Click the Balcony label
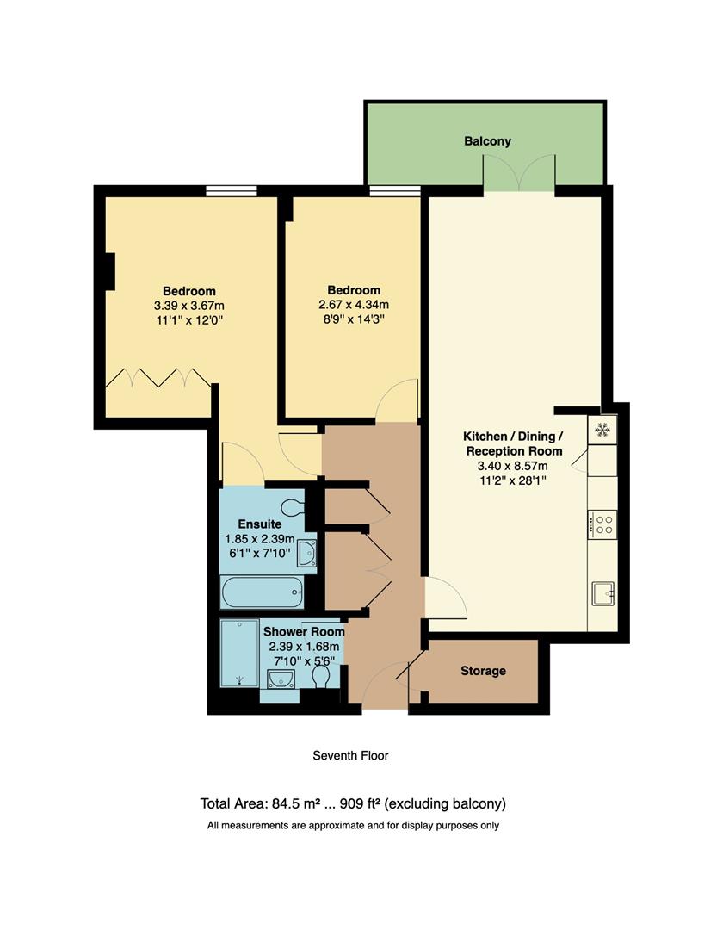(x=487, y=141)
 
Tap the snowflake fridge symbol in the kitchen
(x=602, y=429)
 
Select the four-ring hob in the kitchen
(x=602, y=524)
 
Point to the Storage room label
(x=483, y=671)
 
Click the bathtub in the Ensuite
(x=262, y=592)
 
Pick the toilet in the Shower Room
(x=322, y=679)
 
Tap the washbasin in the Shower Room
(x=281, y=680)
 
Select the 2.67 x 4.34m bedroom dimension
(x=353, y=305)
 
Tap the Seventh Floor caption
(x=350, y=756)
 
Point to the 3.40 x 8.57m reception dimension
(x=514, y=466)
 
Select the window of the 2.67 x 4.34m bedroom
(x=395, y=191)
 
